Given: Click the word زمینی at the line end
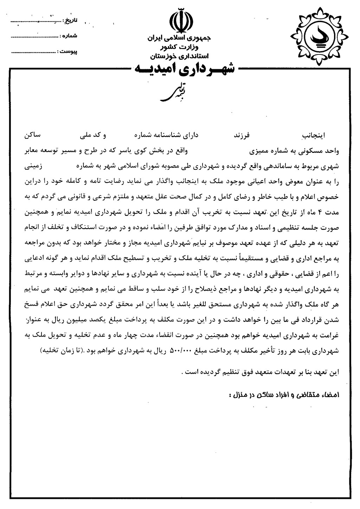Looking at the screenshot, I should pos(33,167).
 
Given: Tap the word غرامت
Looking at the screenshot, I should pos(330,335).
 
